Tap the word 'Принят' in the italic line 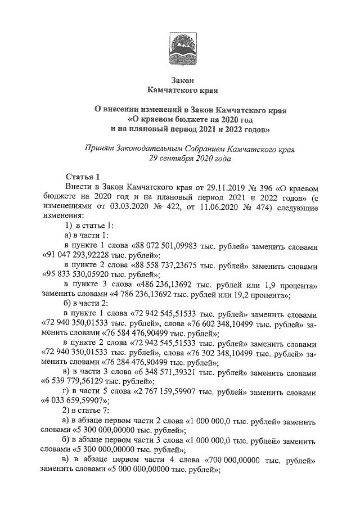(97, 149)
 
